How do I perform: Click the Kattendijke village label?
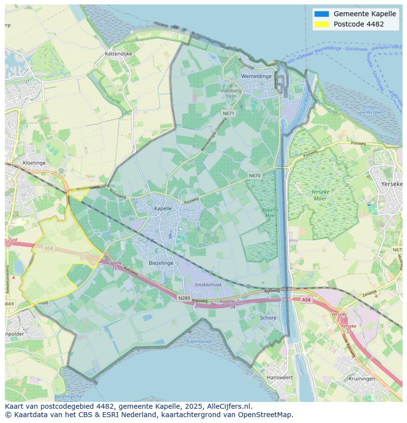118,54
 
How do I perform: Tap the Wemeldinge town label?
256,76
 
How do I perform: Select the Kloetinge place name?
34,163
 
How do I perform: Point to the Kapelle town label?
163,208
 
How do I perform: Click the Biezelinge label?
161,263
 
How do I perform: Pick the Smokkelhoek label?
208,284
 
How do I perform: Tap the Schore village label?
268,318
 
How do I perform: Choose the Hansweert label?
279,377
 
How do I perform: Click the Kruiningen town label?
362,379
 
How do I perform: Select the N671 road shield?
228,113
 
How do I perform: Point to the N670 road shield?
255,175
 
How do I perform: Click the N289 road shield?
184,298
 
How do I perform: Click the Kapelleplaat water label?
199,341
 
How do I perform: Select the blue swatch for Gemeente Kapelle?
321,14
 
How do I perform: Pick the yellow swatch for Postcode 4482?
321,24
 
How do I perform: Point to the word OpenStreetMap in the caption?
267,414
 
